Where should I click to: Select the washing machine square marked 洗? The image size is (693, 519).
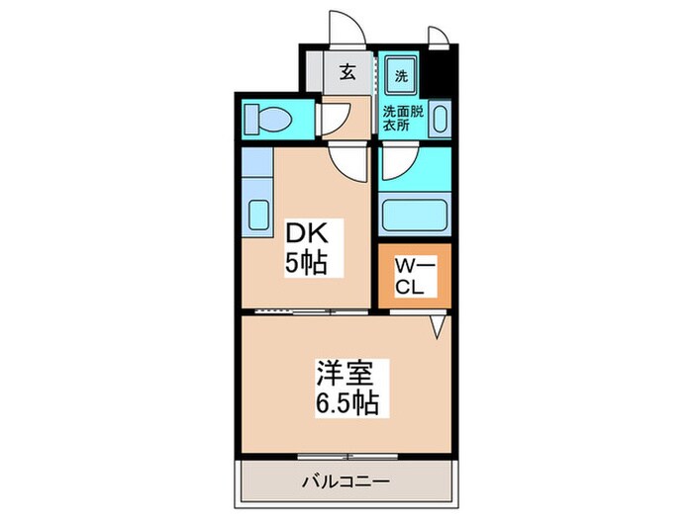[x=402, y=75]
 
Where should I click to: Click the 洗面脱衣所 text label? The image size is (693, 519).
[x=402, y=119]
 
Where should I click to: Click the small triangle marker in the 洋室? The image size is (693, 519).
[x=436, y=325]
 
